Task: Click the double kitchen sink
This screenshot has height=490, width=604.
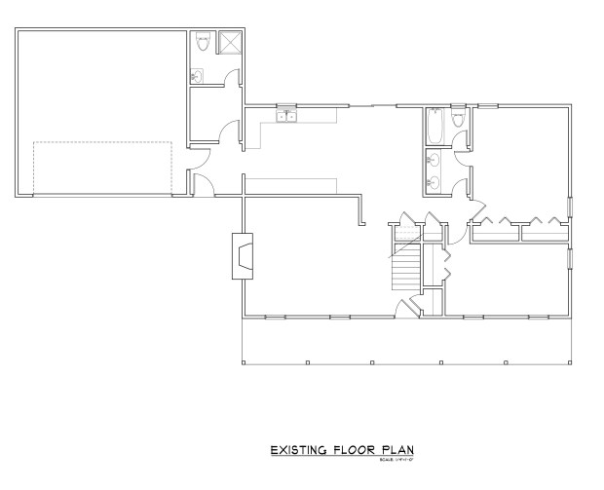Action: tap(286, 117)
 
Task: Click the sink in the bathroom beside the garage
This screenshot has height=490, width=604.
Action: tap(198, 75)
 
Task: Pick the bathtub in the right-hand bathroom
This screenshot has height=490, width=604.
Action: tap(435, 125)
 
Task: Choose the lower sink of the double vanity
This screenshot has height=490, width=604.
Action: tap(434, 180)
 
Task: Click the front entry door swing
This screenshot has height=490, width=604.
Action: tap(410, 306)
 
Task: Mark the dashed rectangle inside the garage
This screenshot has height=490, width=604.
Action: tap(103, 167)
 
